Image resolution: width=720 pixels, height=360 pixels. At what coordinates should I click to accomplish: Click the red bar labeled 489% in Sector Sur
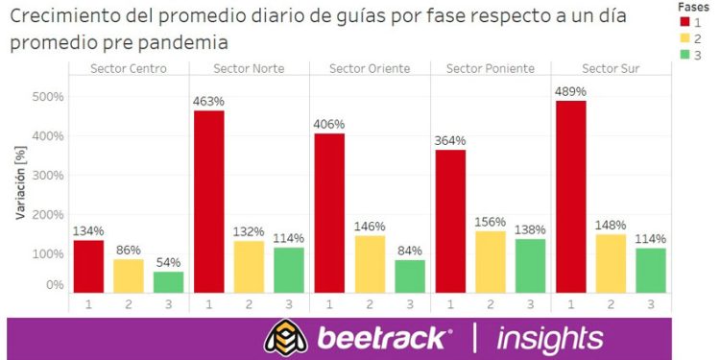[x=570, y=196]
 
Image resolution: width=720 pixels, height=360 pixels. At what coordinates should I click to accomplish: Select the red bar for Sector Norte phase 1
[x=208, y=201]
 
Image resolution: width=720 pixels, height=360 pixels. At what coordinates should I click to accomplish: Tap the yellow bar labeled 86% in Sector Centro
[x=129, y=275]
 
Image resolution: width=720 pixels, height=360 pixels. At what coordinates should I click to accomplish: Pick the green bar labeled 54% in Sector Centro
[x=168, y=281]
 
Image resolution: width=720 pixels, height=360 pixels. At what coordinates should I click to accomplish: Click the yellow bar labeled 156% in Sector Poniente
[x=491, y=261]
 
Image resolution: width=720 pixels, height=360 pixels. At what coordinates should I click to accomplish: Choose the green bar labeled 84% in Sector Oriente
[x=410, y=276]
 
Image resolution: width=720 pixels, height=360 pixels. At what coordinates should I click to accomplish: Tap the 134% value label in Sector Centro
[x=88, y=230]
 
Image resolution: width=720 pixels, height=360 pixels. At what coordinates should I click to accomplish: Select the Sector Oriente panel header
[x=370, y=68]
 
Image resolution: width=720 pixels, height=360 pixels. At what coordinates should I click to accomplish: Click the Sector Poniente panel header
[x=491, y=68]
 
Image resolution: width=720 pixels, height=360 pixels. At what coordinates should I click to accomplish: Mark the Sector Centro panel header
[x=129, y=68]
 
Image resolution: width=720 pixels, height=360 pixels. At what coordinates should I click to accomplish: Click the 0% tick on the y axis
[x=54, y=285]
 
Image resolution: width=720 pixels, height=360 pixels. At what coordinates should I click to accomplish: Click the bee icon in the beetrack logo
[x=285, y=338]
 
